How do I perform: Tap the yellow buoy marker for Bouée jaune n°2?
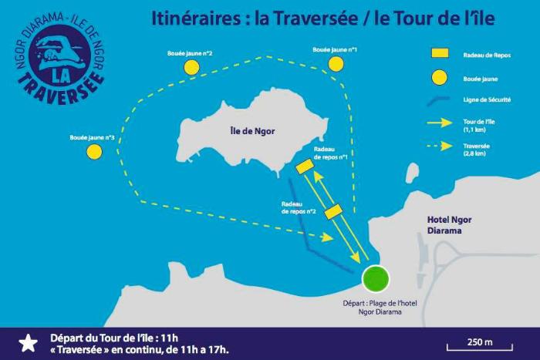pyautogui.click(x=191, y=67)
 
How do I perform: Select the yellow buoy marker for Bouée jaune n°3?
pyautogui.click(x=94, y=151)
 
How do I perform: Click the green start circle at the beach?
pyautogui.click(x=376, y=278)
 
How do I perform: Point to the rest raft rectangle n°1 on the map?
pyautogui.click(x=304, y=166)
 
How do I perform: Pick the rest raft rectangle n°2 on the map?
pyautogui.click(x=333, y=211)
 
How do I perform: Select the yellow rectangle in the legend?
pyautogui.click(x=440, y=54)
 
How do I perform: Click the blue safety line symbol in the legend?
pyautogui.click(x=439, y=101)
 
